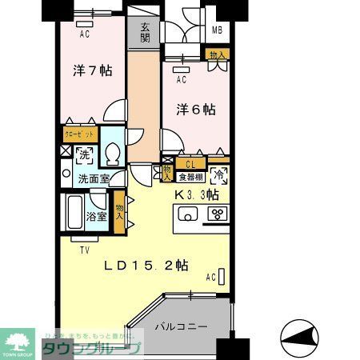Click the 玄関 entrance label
pos(145,32)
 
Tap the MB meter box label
pos(216,31)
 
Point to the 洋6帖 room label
pos(196,109)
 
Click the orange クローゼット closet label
pos(78,135)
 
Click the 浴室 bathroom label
pos(98,216)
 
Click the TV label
pos(84,250)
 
